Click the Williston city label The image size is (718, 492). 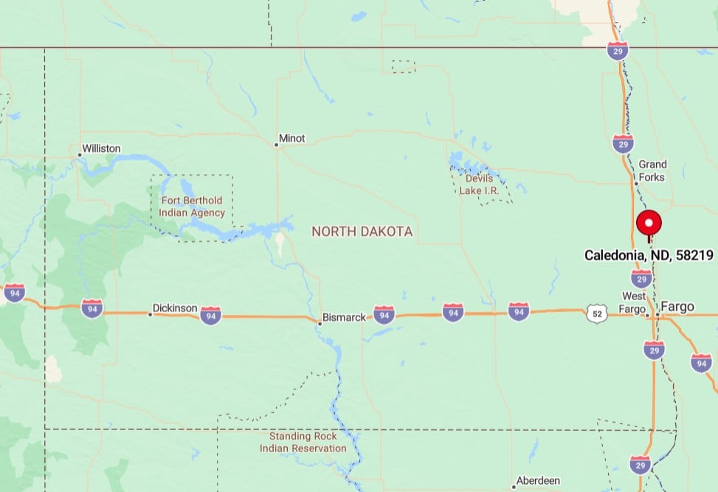tap(101, 148)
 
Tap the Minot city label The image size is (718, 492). tap(291, 138)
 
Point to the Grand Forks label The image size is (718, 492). tap(652, 170)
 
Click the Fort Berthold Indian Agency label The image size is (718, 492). tap(192, 207)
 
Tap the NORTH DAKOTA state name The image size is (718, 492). tap(362, 232)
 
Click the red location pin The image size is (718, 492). tap(649, 223)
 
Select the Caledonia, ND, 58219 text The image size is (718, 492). tap(649, 255)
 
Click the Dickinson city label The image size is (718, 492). tap(175, 308)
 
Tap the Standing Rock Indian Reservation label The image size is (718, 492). tap(303, 442)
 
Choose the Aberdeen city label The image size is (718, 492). tap(538, 480)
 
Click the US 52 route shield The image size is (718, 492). tap(596, 313)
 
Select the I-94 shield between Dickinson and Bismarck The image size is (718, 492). tap(211, 316)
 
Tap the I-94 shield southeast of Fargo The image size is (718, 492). tap(700, 362)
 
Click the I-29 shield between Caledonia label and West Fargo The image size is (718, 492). tap(641, 278)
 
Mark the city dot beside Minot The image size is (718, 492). tap(277, 145)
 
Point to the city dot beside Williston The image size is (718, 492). tap(80, 155)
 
